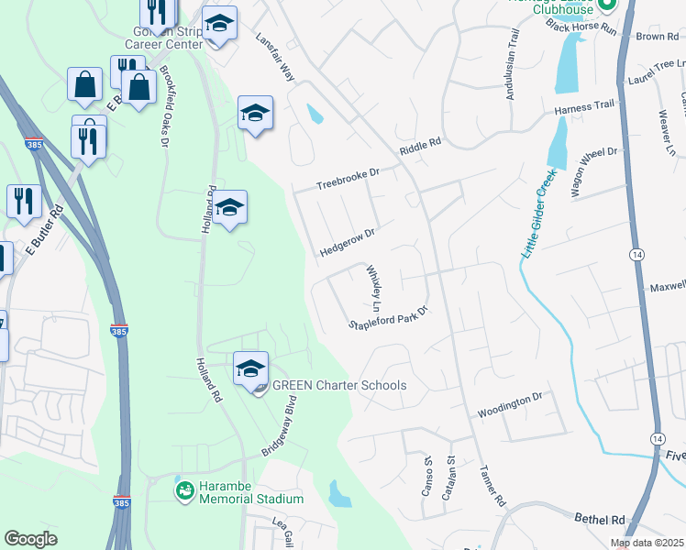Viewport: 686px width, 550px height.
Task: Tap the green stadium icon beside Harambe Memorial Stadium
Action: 185,491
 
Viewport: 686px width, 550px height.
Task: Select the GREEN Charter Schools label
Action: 338,385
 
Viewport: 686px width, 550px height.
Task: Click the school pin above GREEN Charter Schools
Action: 250,368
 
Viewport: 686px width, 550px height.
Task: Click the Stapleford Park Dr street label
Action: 389,316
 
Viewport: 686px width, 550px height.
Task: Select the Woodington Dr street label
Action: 510,403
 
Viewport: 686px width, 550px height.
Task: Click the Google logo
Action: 30,539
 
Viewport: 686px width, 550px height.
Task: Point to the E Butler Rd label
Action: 44,228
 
